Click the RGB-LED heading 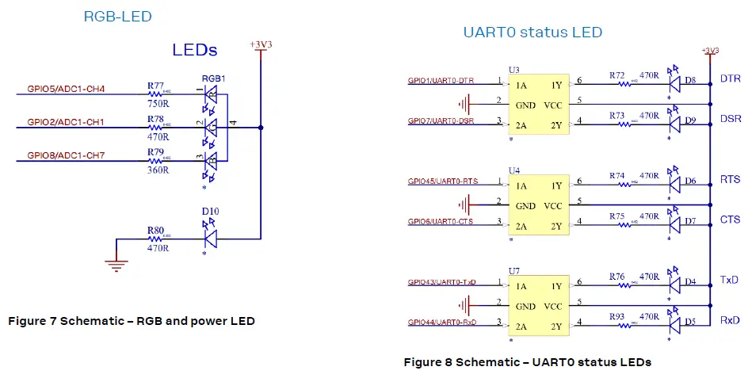(x=117, y=17)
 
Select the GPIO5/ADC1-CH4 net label (x=66, y=88)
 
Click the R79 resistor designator (x=155, y=151)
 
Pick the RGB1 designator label (x=214, y=78)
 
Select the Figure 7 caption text (x=131, y=321)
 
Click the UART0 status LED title (x=532, y=32)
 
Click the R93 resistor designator (x=618, y=317)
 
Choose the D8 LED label (x=691, y=80)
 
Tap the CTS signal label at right (x=730, y=220)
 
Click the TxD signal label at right (x=730, y=281)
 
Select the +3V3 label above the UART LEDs (x=710, y=51)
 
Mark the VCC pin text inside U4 (x=552, y=205)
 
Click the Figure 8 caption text (x=527, y=362)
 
